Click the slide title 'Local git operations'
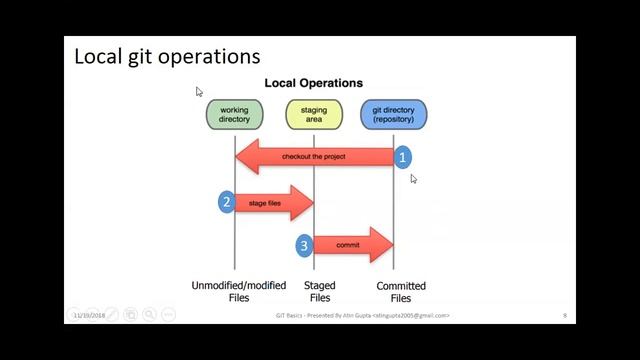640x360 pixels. (167, 56)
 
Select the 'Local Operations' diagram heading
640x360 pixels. (313, 83)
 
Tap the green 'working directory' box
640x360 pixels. (234, 114)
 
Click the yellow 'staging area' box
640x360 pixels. (313, 114)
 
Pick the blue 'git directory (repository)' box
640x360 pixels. (393, 114)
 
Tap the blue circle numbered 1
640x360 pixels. (402, 156)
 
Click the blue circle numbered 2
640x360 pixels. (227, 202)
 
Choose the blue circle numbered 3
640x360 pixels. (305, 245)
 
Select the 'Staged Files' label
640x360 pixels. (320, 291)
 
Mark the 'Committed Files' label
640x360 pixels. (400, 291)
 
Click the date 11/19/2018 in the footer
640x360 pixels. (89, 316)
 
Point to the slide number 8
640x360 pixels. (565, 316)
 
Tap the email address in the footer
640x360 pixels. (411, 316)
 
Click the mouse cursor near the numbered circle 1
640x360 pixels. (413, 178)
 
